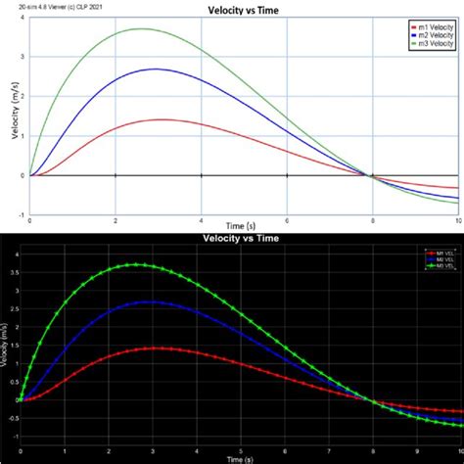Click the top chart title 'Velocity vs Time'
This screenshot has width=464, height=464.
(x=233, y=9)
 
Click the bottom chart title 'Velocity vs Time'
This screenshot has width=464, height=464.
(x=232, y=238)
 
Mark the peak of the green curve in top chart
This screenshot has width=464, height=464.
(x=139, y=28)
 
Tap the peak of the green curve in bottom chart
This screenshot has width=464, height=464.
(x=138, y=264)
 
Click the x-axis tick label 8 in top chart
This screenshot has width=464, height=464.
(x=371, y=220)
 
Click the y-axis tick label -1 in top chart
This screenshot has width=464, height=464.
(x=21, y=214)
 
